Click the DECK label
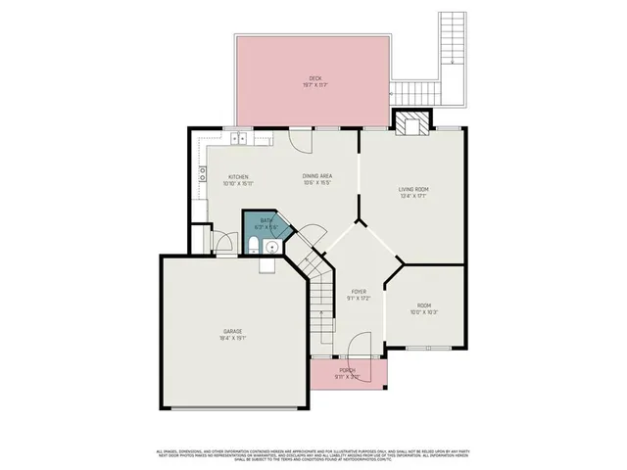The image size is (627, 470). click(314, 78)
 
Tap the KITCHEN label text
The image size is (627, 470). click(238, 177)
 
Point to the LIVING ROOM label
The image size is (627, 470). click(412, 189)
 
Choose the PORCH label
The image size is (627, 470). click(347, 370)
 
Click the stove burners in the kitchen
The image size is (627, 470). click(203, 175)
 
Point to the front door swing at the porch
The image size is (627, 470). click(360, 345)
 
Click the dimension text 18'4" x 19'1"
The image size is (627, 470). click(232, 339)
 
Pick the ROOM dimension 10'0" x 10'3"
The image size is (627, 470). click(424, 312)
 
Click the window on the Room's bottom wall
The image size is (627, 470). click(423, 349)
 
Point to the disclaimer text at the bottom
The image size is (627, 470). click(313, 454)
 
